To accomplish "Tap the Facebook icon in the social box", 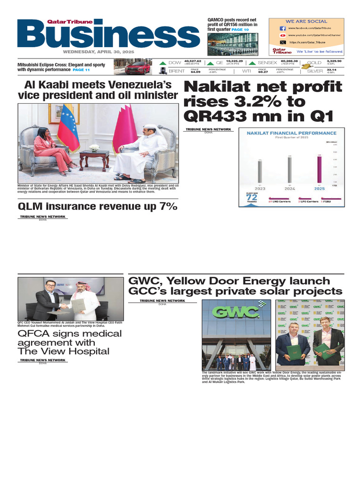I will click(282, 28).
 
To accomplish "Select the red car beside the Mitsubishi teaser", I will click(138, 67).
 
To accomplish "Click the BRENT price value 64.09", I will click(195, 72).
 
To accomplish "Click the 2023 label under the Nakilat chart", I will click(260, 188).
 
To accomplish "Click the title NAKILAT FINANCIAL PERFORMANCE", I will click(292, 133).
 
